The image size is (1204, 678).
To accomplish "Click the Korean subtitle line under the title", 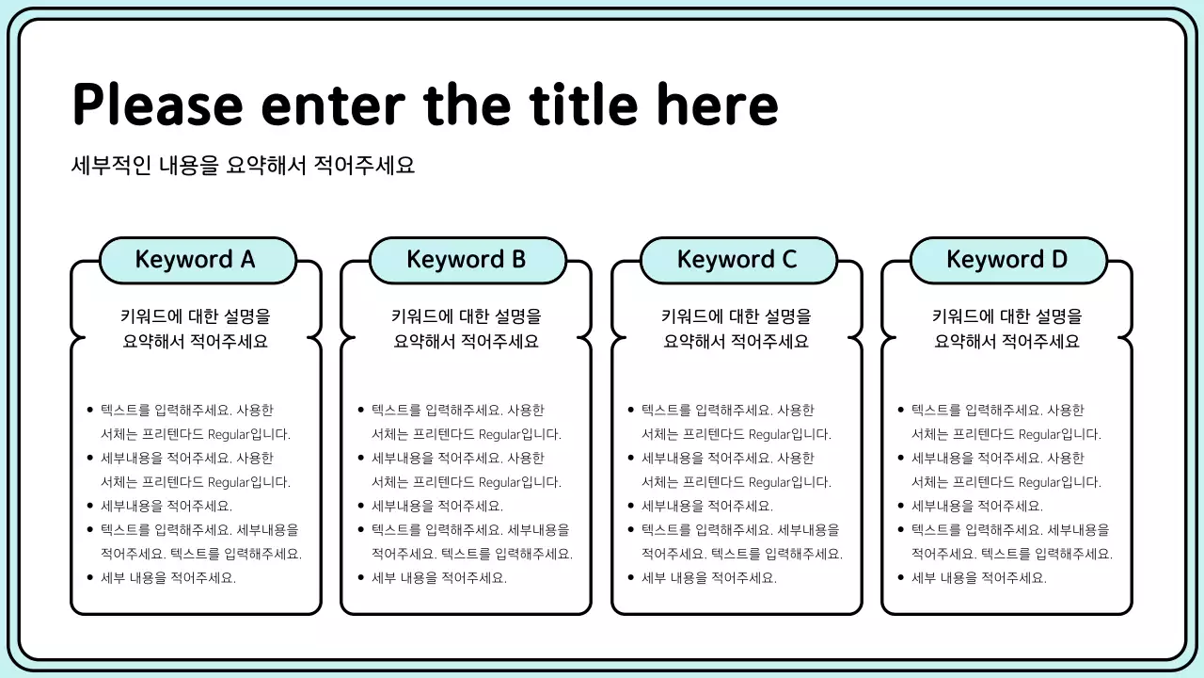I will click(x=243, y=165).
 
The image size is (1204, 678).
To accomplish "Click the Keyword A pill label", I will click(x=197, y=260).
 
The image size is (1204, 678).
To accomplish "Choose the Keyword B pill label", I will click(x=467, y=260).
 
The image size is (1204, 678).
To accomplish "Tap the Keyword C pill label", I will click(x=737, y=260).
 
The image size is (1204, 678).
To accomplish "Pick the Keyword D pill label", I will click(x=1008, y=260).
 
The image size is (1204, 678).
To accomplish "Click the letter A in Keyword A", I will click(x=247, y=260).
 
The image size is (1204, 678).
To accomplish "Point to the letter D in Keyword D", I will click(x=1058, y=260).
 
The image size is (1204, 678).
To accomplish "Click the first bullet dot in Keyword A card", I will click(x=90, y=411).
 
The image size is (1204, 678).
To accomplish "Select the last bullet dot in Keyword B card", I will click(x=361, y=578).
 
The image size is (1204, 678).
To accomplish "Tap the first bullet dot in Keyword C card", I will click(x=631, y=411).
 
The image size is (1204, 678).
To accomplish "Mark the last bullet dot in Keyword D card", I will click(x=901, y=578).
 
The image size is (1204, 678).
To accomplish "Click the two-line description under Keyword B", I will click(x=467, y=329).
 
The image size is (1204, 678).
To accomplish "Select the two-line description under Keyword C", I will click(x=737, y=329).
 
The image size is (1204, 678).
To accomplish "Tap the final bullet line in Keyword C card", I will click(x=709, y=578).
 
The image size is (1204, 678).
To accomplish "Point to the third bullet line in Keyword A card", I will click(x=166, y=507).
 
